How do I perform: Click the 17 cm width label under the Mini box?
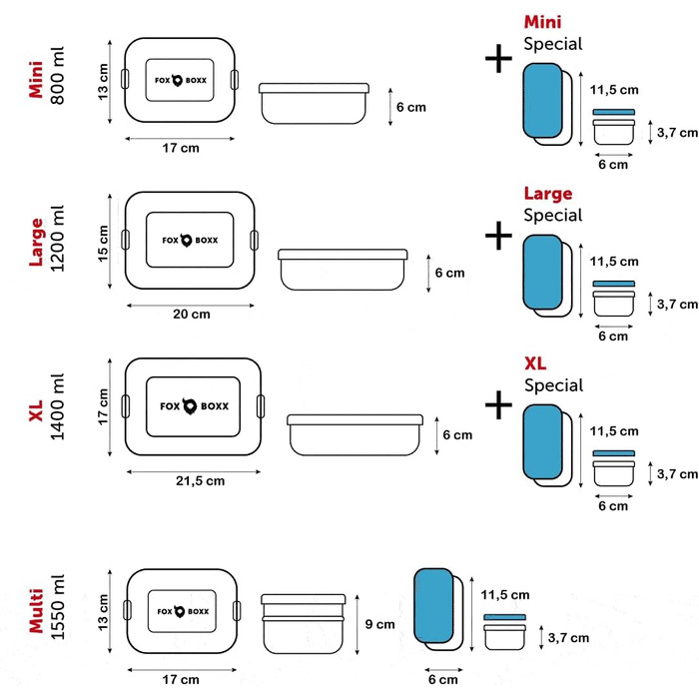pyautogui.click(x=179, y=148)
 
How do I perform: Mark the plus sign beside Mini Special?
pyautogui.click(x=497, y=59)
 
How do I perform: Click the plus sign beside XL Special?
pyautogui.click(x=497, y=403)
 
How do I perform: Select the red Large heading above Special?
pyautogui.click(x=548, y=194)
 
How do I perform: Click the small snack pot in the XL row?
pyautogui.click(x=614, y=469)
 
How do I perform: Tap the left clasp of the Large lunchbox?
pyautogui.click(x=126, y=239)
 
